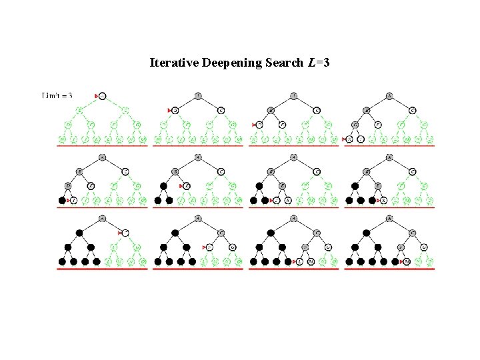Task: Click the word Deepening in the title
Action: (226, 63)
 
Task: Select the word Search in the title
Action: (281, 63)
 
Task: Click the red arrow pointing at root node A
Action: (96, 96)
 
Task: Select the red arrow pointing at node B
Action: (169, 110)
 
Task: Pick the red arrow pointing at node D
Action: (255, 125)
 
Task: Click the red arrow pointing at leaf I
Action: (68, 200)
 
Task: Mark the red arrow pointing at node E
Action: (181, 186)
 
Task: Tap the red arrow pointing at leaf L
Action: (294, 261)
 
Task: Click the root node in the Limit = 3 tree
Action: (102, 96)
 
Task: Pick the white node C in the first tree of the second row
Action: (125, 171)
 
